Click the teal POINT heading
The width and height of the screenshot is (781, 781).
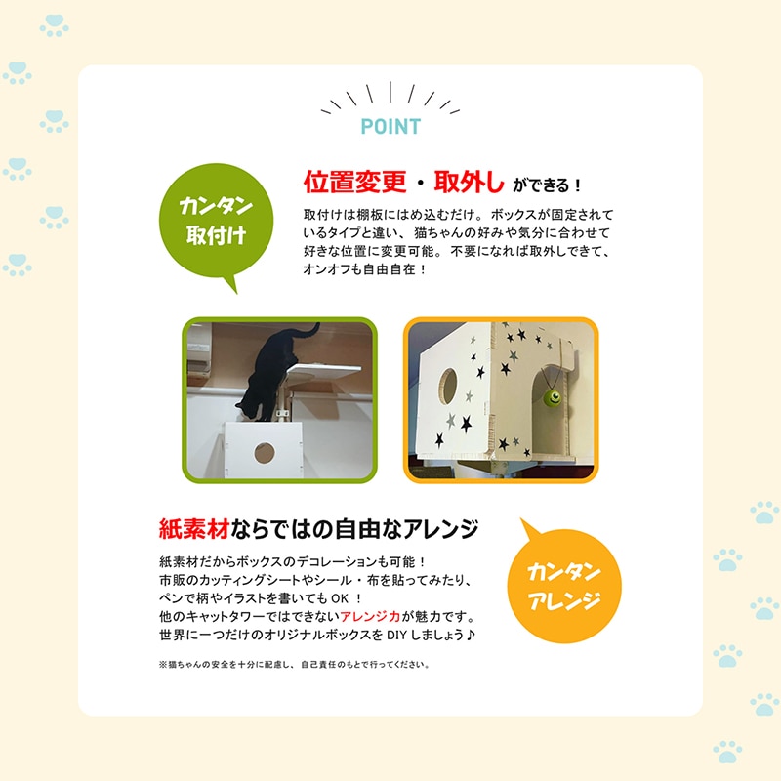390,127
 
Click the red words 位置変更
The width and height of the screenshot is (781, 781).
355,182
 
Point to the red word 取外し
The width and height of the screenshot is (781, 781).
469,182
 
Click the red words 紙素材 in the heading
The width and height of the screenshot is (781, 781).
193,528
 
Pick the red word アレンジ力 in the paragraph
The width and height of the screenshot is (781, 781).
370,617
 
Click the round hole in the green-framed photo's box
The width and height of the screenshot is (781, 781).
265,453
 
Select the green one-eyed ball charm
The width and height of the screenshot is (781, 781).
553,397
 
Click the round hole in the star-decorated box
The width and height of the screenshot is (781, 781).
448,386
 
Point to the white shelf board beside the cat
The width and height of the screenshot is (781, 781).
325,372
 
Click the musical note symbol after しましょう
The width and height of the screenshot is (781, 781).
471,636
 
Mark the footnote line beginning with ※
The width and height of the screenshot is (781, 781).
294,665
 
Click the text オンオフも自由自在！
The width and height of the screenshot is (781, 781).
365,269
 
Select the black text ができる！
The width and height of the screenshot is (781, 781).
547,185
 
